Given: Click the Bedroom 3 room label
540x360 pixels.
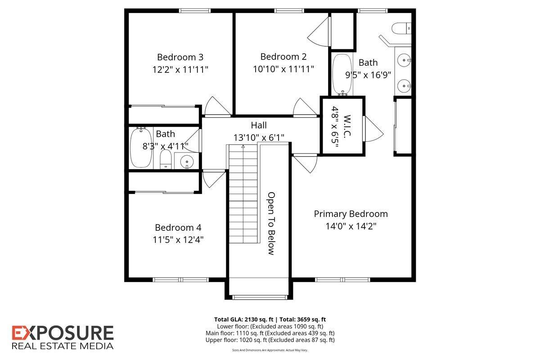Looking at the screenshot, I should tap(180, 57).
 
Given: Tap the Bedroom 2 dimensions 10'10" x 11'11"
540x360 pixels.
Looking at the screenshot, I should tap(283, 69).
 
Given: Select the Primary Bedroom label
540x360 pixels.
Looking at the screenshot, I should tap(351, 214).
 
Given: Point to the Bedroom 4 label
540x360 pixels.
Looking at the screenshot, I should tap(178, 228).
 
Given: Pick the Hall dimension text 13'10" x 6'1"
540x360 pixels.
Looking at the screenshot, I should tap(259, 137).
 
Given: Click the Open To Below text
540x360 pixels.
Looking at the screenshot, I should tap(271, 223).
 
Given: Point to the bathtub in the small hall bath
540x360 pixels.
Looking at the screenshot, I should tap(141, 148).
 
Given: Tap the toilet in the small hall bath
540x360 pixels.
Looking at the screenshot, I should tap(166, 159).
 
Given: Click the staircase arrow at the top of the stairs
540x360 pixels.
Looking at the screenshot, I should tap(243, 146).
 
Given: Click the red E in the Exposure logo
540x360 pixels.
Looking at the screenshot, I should tap(19, 333).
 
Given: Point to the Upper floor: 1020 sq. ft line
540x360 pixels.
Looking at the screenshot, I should tap(270, 340).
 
